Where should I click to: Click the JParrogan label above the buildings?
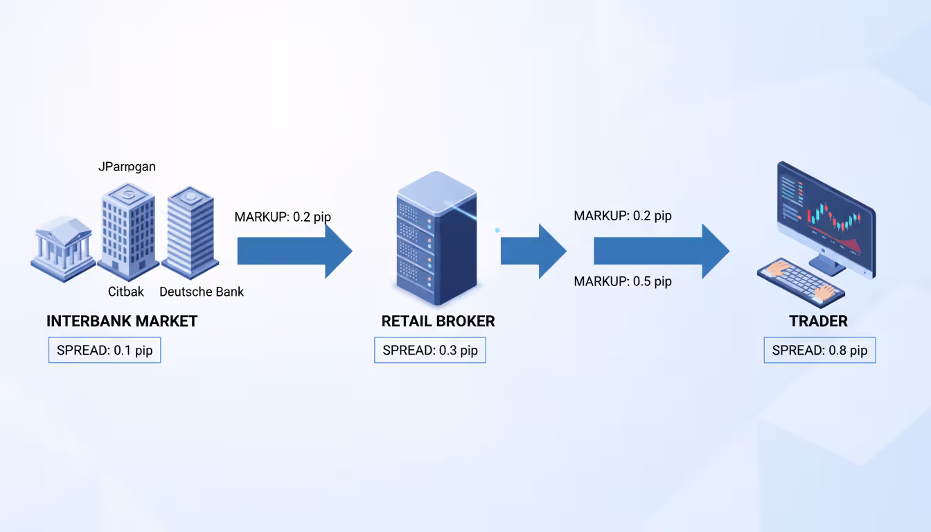pos(126,166)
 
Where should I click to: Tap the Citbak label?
pos(126,292)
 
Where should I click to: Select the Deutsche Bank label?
pos(202,292)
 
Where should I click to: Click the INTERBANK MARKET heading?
pos(122,321)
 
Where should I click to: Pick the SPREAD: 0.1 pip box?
pos(105,350)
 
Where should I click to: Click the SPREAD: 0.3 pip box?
pos(430,350)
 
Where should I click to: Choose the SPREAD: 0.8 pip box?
pos(819,351)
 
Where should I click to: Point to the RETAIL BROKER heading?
pos(438,321)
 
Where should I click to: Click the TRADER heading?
pos(818,321)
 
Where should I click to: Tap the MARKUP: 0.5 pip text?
pos(623,281)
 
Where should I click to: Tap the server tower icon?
pos(436,239)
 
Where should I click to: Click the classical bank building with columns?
pos(62,248)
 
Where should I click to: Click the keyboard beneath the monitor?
pos(801,281)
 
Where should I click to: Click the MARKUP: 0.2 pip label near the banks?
pos(283,217)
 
